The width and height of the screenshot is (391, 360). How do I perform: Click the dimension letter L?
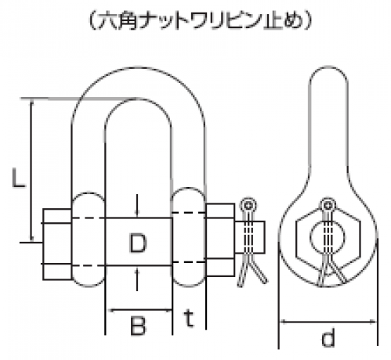[19, 178]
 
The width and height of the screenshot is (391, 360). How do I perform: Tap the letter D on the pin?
[138, 243]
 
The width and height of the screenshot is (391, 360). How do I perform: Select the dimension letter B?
[138, 326]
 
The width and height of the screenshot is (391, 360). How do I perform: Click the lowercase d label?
[328, 337]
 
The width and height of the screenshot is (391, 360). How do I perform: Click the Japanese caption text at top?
[200, 20]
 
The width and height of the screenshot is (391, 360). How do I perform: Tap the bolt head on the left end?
[57, 244]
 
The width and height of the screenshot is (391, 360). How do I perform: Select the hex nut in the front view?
[220, 239]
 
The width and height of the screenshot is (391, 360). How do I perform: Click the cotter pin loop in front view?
[249, 205]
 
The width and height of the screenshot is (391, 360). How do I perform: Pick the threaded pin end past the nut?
[250, 237]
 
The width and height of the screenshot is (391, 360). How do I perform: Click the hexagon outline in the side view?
[328, 238]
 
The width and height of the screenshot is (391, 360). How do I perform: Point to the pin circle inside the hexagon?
[328, 237]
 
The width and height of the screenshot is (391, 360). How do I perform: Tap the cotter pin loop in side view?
[328, 205]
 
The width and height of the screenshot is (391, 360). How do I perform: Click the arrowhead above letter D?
[137, 213]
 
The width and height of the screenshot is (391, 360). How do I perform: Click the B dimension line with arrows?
[139, 311]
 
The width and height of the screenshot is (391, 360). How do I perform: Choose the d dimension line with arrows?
[328, 322]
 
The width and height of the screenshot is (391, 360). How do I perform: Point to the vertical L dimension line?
[32, 170]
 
